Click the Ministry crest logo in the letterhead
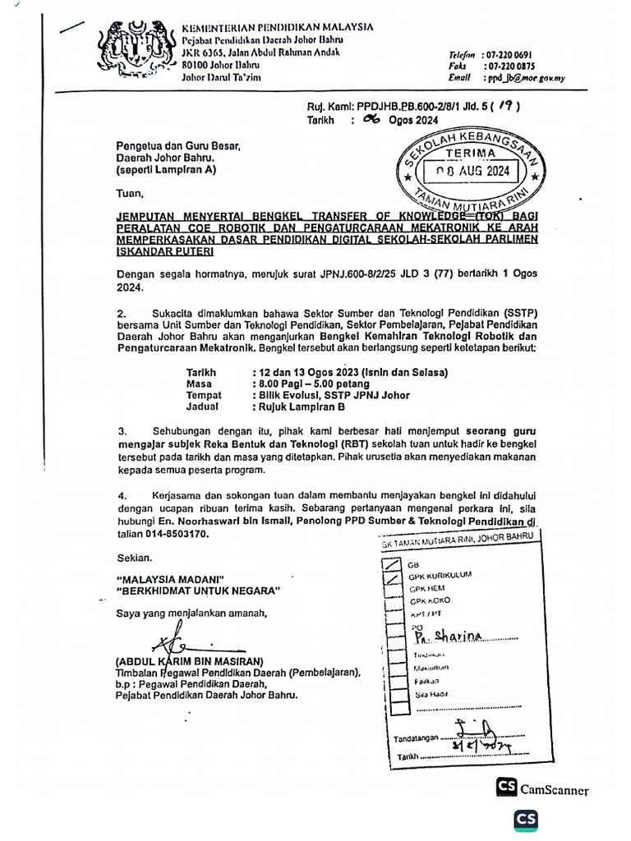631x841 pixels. pos(135,51)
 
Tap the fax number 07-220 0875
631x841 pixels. pos(510,65)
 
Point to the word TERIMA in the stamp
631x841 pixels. pos(471,153)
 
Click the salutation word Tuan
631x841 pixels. pos(128,195)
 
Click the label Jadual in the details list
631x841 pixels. pos(202,407)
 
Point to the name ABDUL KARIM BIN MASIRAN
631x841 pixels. pos(189,661)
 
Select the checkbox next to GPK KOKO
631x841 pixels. pos(395,601)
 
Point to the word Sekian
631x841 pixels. pos(134,558)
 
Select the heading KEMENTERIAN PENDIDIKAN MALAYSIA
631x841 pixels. pos(277,27)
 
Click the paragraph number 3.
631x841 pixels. pos(122,430)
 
